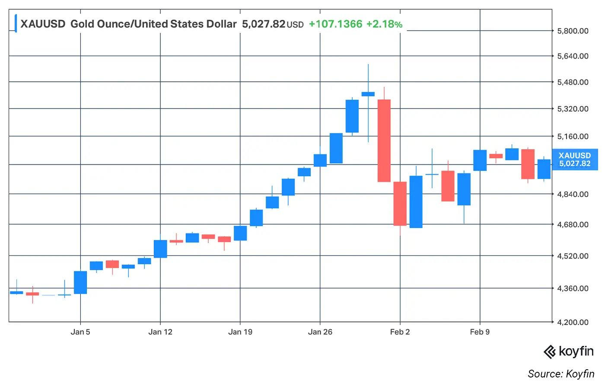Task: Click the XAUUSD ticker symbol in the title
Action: [43, 24]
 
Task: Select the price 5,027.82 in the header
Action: [263, 24]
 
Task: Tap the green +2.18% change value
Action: [384, 24]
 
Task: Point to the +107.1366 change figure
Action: [335, 24]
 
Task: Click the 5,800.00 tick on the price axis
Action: [573, 31]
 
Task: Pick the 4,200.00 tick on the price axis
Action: [573, 322]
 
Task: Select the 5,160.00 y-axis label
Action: [573, 137]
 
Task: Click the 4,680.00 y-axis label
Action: [573, 224]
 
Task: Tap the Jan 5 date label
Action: [80, 332]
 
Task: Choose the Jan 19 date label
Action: [240, 332]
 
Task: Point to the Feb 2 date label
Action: [400, 332]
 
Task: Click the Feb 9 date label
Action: [480, 332]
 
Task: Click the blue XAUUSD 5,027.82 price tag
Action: [574, 160]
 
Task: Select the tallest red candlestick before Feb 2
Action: [384, 141]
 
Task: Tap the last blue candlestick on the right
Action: [544, 169]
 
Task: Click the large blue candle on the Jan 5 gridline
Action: [80, 282]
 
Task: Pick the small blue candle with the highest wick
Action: [368, 94]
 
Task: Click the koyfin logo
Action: [568, 352]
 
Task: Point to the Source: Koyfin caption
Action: [560, 374]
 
